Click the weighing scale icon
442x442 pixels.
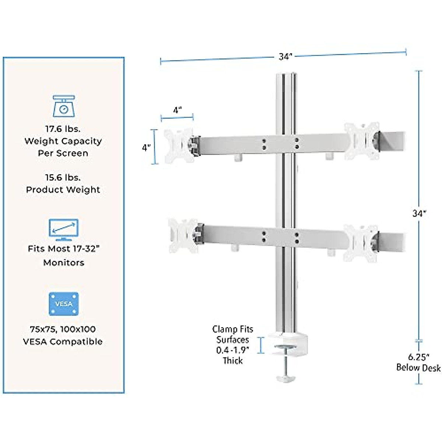click(64, 106)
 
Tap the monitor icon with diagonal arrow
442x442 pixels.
click(63, 230)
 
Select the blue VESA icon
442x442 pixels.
click(64, 304)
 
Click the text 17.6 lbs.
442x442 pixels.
click(63, 129)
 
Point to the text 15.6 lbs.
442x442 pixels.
click(63, 178)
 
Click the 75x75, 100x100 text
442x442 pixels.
click(63, 329)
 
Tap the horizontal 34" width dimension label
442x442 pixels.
click(285, 57)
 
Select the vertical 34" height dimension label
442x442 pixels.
click(419, 213)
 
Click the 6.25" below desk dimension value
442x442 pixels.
click(419, 357)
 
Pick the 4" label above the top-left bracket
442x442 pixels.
click(178, 110)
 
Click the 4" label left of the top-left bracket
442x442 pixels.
click(146, 148)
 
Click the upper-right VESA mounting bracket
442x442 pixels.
click(361, 141)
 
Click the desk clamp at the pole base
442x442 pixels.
click(284, 342)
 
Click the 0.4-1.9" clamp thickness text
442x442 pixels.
click(232, 350)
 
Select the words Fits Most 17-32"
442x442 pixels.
click(64, 249)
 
